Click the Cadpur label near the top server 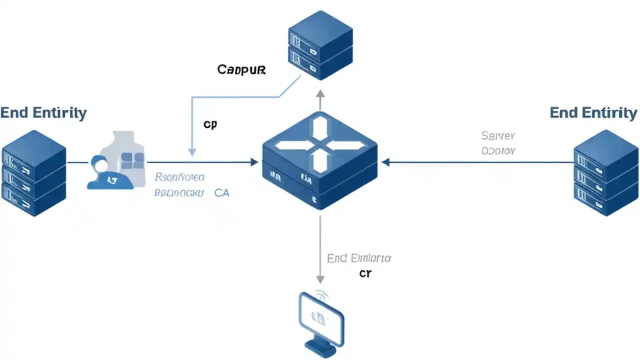(241, 69)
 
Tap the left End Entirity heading (43, 112)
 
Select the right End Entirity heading (593, 112)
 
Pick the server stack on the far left (33, 173)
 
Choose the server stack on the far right (606, 173)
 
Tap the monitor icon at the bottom (321, 319)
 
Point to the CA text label (221, 192)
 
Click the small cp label (210, 124)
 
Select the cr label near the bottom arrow (365, 273)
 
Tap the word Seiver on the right (498, 135)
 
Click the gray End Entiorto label (359, 258)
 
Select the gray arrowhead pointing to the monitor (320, 279)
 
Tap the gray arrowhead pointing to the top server (320, 93)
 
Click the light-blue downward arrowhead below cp (192, 152)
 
